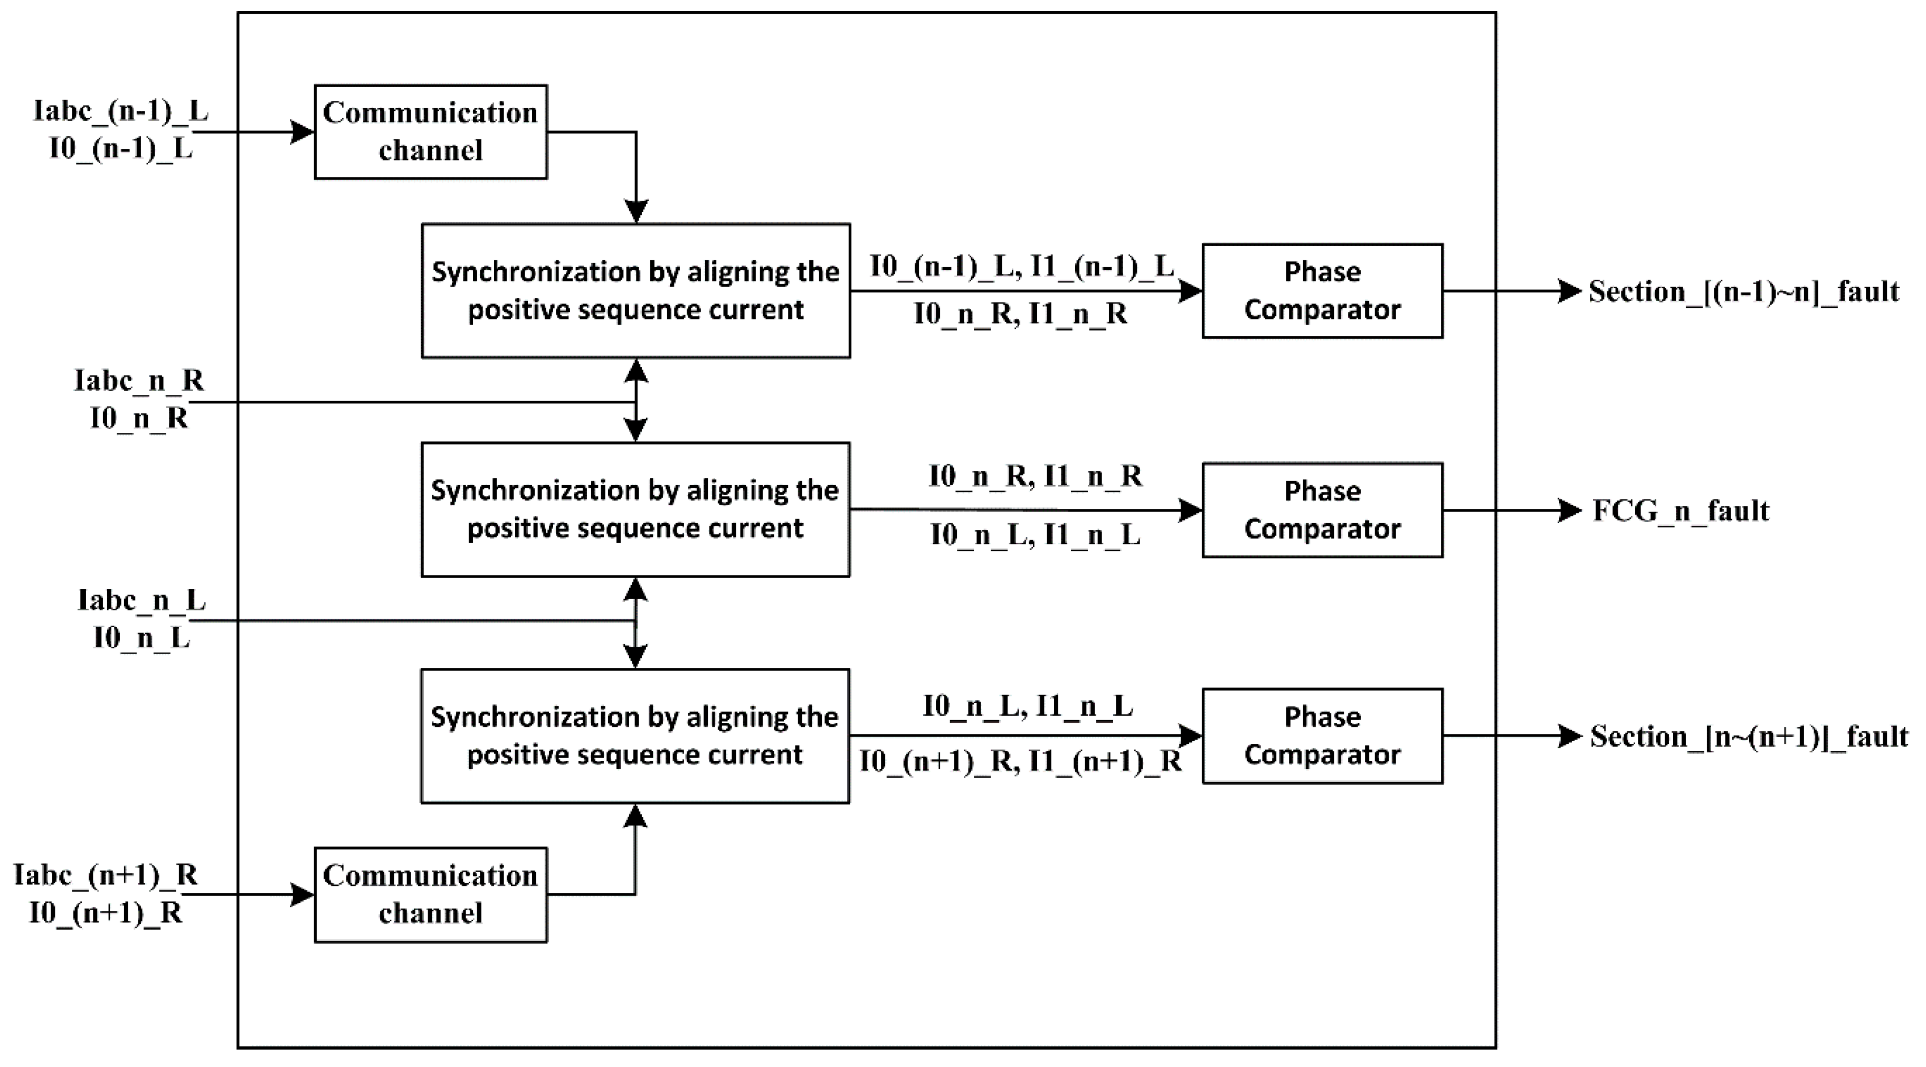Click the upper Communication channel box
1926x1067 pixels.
coord(430,131)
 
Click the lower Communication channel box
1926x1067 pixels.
coord(430,894)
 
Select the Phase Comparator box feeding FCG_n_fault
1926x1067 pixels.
coord(1322,510)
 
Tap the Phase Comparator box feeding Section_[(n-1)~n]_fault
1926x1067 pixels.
coord(1322,291)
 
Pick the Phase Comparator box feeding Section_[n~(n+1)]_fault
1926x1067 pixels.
coord(1322,736)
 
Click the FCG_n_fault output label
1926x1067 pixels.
coord(1681,511)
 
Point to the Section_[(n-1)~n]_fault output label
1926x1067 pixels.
coord(1743,291)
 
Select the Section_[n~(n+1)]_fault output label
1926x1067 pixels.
coord(1749,736)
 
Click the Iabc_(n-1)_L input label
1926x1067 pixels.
coord(121,111)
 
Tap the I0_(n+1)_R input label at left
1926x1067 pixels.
coord(106,913)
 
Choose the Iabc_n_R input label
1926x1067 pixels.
coord(139,381)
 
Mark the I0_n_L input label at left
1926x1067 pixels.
coord(141,638)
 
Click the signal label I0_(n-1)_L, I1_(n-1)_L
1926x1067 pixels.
coord(1021,266)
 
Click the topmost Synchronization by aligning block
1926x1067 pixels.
coord(635,291)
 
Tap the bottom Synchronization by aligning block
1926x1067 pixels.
coord(635,736)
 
